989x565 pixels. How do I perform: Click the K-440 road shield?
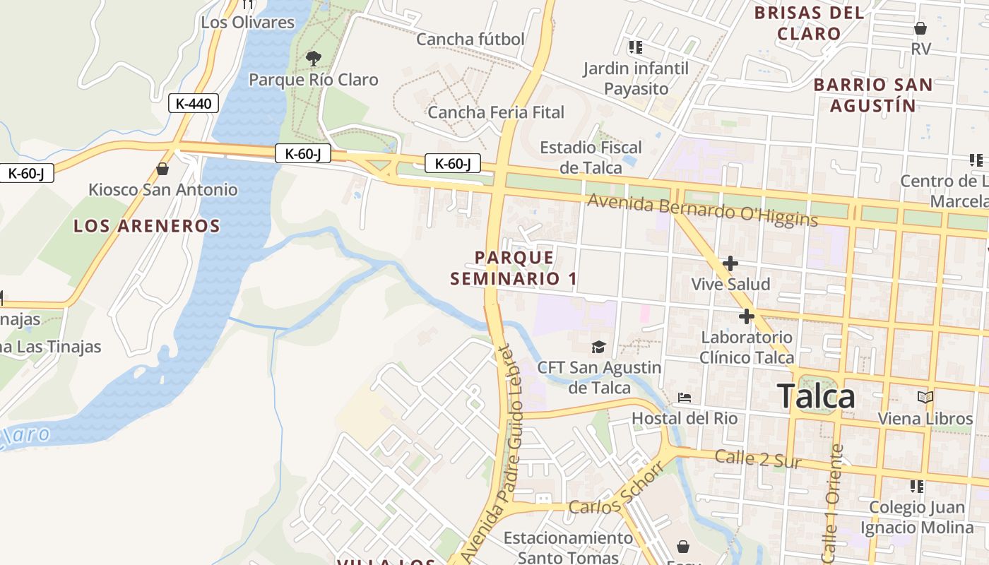pyautogui.click(x=194, y=103)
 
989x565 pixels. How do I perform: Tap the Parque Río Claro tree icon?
pyautogui.click(x=313, y=59)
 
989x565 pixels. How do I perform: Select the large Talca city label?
pyautogui.click(x=817, y=396)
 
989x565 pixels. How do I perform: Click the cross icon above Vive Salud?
pyautogui.click(x=730, y=264)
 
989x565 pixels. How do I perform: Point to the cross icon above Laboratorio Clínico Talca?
pyautogui.click(x=746, y=316)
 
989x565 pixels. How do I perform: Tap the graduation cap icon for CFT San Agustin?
pyautogui.click(x=599, y=347)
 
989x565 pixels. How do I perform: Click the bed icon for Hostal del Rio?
pyautogui.click(x=685, y=398)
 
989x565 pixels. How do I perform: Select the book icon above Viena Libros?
pyautogui.click(x=925, y=398)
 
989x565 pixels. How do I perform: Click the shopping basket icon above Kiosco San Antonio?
pyautogui.click(x=162, y=169)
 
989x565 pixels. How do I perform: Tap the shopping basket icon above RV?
pyautogui.click(x=920, y=28)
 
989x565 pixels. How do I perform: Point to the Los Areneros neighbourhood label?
pyautogui.click(x=147, y=226)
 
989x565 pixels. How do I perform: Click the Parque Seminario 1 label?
pyautogui.click(x=514, y=268)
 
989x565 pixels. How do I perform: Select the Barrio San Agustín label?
pyautogui.click(x=872, y=95)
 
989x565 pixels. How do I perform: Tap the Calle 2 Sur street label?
pyautogui.click(x=758, y=459)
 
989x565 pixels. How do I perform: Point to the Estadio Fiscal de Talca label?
pyautogui.click(x=591, y=157)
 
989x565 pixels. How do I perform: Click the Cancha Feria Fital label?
pyautogui.click(x=496, y=112)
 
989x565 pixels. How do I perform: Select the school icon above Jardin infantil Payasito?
pyautogui.click(x=635, y=47)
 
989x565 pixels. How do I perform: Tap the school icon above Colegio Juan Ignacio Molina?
pyautogui.click(x=917, y=487)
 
